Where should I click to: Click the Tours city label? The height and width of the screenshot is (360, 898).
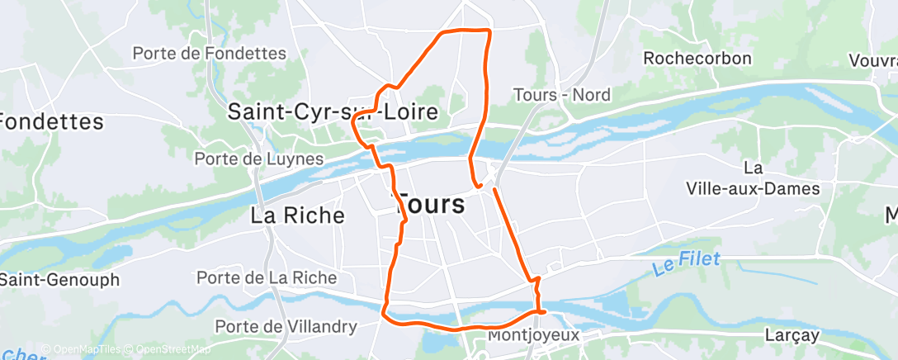point(431,204)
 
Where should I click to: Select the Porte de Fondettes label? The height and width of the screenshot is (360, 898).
point(209,54)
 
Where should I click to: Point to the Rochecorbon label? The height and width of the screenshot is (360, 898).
point(697,59)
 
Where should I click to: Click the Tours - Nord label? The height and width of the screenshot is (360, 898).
point(561,95)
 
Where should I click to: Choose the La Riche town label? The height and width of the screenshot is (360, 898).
point(297,216)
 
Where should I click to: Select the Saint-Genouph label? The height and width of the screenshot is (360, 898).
point(59,280)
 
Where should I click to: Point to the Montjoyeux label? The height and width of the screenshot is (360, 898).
point(533,335)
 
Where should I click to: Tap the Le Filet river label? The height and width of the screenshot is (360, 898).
point(686,263)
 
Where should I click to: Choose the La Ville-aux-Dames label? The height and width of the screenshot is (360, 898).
point(753,178)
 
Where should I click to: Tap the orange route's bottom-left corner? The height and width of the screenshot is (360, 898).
point(383,313)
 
